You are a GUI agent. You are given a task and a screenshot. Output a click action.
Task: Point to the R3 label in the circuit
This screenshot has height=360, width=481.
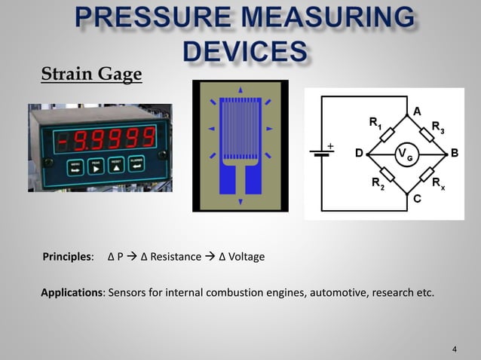pyautogui.click(x=437, y=127)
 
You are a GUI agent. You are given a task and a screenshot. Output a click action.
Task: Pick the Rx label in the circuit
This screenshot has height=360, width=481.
pyautogui.click(x=438, y=183)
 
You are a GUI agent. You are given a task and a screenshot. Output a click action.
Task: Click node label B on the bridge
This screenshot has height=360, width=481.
pyautogui.click(x=454, y=153)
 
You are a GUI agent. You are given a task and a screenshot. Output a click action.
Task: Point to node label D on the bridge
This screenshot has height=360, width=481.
pyautogui.click(x=360, y=153)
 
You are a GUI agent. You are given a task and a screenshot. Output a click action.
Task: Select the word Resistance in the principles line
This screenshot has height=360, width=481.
pyautogui.click(x=175, y=257)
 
